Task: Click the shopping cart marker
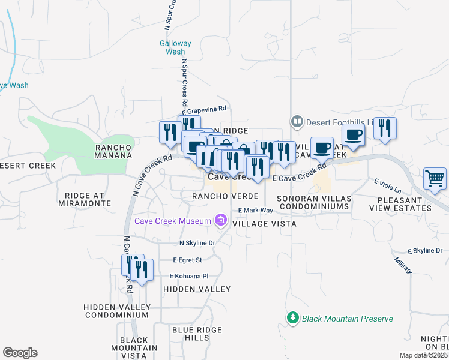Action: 435,178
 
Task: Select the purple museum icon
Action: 220,220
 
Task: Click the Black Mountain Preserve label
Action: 347,319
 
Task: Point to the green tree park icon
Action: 293,317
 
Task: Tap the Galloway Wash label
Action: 175,47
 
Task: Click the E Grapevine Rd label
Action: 204,109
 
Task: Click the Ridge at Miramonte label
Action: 85,199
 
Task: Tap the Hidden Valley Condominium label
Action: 116,311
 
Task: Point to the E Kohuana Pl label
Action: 188,276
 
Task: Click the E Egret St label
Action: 187,260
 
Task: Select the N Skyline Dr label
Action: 197,243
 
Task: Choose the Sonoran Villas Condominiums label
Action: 313,202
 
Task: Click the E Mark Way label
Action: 255,211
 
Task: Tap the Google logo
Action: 20,353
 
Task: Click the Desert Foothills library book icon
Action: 297,122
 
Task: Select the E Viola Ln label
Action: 385,182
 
